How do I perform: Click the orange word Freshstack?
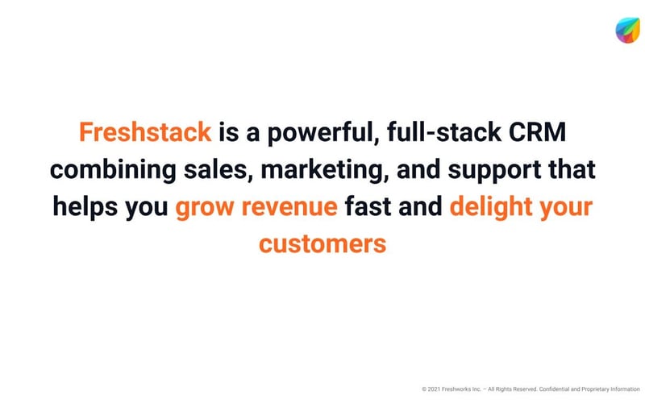pyautogui.click(x=145, y=132)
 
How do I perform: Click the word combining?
pyautogui.click(x=112, y=170)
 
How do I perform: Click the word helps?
pyautogui.click(x=84, y=207)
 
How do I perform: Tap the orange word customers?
pyautogui.click(x=322, y=244)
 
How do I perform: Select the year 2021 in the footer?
pyautogui.click(x=437, y=389)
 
